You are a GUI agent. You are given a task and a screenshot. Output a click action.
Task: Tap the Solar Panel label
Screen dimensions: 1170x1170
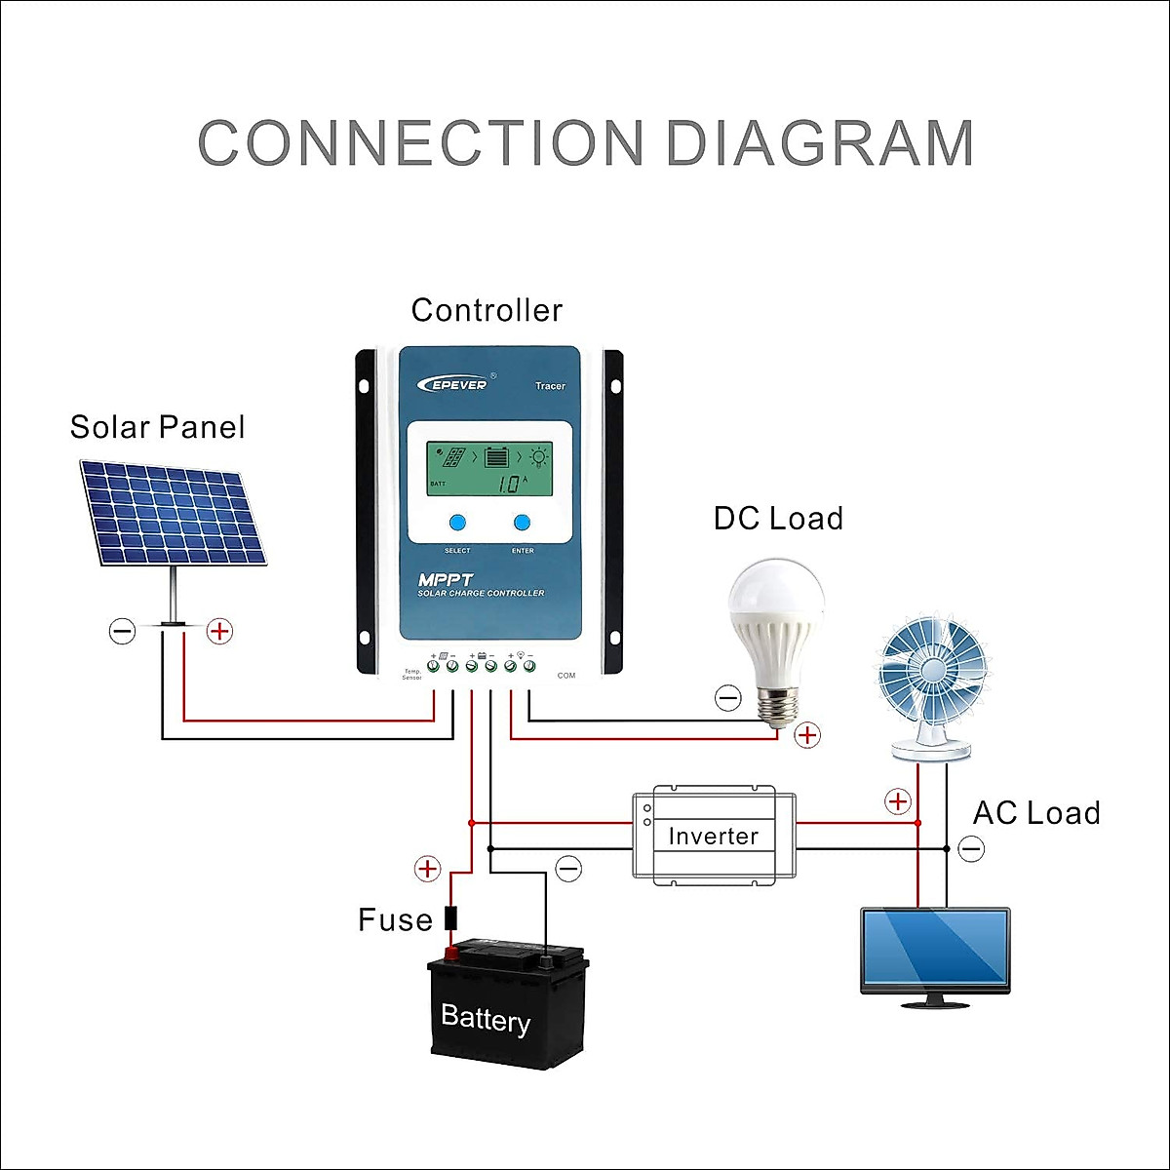point(157,427)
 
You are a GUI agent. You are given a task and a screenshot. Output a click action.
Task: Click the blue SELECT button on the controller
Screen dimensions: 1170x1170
point(457,523)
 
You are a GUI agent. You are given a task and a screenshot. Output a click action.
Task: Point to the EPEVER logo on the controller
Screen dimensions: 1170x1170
point(453,384)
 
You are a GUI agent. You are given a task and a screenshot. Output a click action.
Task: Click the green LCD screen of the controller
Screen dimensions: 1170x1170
point(489,469)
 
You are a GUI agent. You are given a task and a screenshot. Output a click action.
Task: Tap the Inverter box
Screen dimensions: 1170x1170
point(714,836)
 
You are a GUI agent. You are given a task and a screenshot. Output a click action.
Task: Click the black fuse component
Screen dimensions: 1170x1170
point(450,918)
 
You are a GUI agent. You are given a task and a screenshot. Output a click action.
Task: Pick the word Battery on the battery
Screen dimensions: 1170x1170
point(486,1018)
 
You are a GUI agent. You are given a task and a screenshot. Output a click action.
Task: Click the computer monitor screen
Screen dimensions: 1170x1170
point(935,949)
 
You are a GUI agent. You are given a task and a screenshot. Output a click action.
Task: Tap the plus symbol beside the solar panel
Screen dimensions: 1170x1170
point(220,631)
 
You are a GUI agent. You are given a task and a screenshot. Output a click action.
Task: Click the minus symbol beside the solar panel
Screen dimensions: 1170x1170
point(122,631)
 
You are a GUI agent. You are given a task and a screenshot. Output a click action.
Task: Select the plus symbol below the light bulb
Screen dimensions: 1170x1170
point(807,735)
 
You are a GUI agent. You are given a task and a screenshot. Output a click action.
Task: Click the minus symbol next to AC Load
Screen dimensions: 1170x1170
point(971,849)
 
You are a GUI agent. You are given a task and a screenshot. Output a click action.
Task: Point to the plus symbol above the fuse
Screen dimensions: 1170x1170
point(427,868)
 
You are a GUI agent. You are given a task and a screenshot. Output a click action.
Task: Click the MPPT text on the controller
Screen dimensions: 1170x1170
point(445,579)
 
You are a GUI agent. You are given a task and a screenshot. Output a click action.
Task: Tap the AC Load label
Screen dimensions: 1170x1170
point(1036,813)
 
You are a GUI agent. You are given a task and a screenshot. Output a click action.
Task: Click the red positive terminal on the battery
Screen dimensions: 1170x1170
point(451,952)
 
